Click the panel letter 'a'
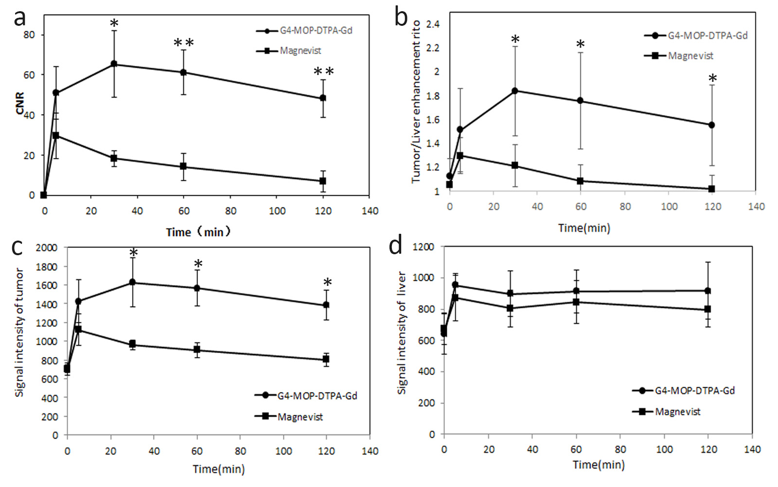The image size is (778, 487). (19, 19)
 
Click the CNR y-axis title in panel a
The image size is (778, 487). (20, 103)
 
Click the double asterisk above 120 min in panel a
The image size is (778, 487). (324, 72)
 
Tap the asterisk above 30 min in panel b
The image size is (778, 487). (515, 39)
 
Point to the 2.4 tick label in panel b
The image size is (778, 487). (433, 24)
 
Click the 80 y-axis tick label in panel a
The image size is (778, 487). (29, 35)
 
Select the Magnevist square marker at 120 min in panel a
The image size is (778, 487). (323, 181)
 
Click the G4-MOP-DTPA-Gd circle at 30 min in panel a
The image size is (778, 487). (114, 64)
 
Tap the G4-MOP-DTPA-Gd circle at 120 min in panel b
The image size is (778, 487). (712, 125)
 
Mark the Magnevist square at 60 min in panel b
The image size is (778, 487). (580, 181)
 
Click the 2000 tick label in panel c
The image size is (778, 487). (47, 247)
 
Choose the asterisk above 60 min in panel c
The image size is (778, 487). (198, 264)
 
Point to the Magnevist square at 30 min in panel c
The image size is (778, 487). (132, 344)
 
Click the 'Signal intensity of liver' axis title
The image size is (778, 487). (402, 333)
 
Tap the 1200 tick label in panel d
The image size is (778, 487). (423, 246)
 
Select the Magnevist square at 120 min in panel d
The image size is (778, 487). (708, 309)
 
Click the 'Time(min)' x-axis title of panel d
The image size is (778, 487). (598, 465)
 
